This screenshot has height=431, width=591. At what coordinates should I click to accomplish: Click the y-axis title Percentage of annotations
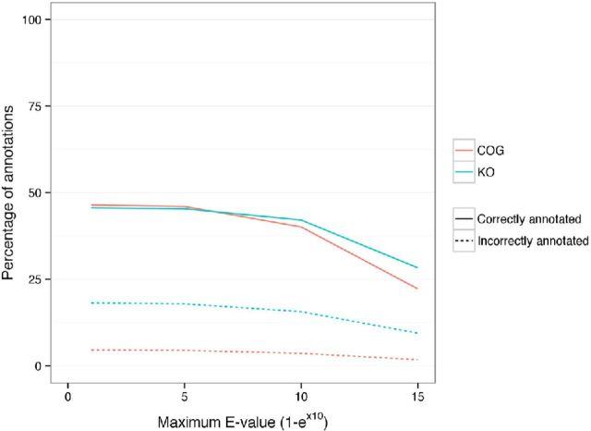coord(10,192)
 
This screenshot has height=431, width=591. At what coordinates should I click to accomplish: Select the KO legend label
coord(486,172)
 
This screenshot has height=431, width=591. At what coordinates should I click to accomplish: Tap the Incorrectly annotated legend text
coord(534,241)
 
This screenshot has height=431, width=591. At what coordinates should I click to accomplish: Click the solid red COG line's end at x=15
coord(418,289)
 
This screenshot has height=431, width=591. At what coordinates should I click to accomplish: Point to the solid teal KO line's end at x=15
coord(418,267)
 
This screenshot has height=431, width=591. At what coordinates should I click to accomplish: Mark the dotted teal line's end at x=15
coord(418,333)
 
